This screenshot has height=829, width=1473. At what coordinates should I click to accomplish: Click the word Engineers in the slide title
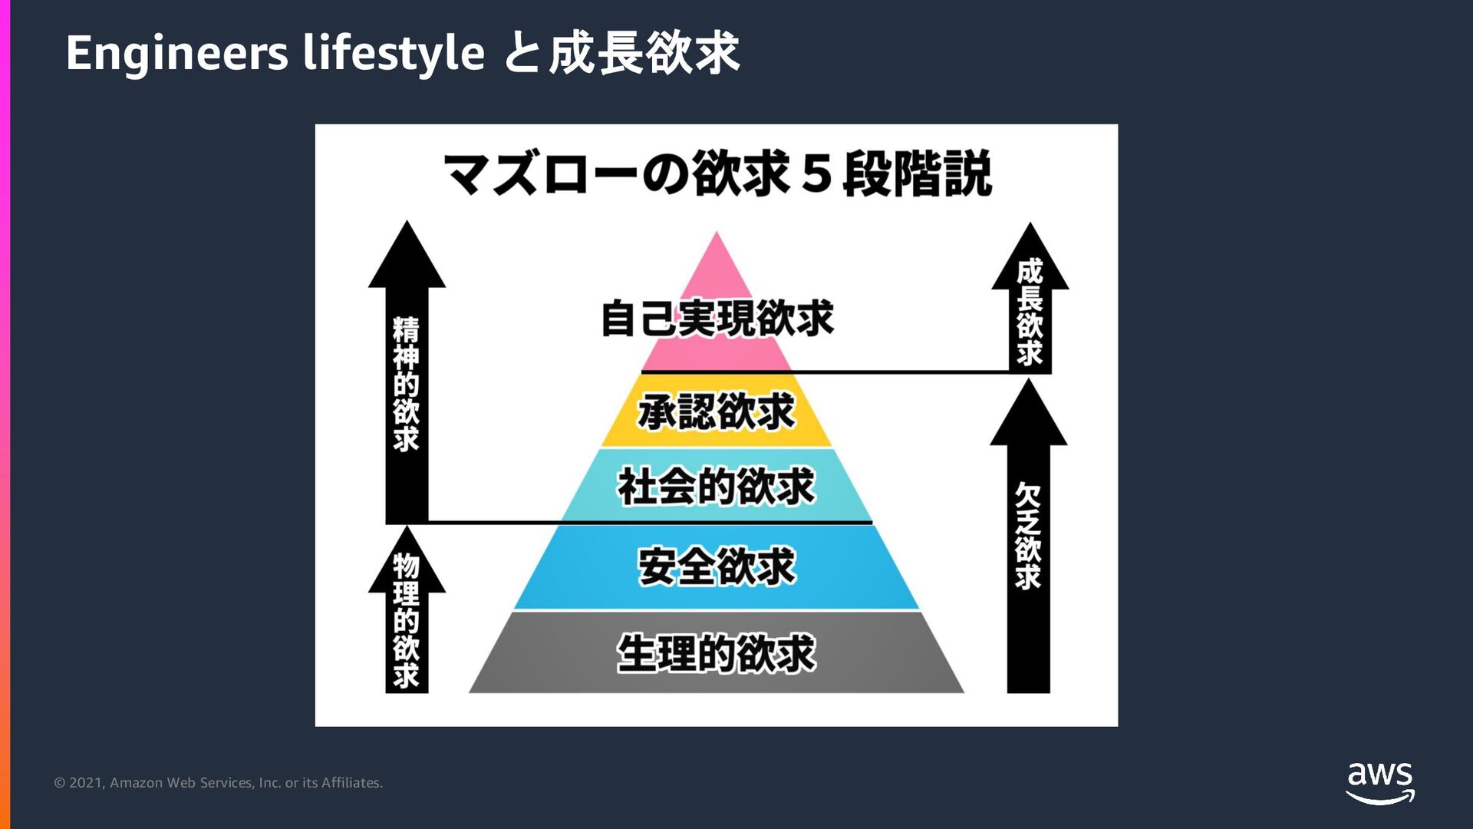176,54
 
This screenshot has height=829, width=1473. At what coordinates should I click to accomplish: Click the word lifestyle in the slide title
394,54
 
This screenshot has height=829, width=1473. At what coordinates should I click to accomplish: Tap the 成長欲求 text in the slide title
644,54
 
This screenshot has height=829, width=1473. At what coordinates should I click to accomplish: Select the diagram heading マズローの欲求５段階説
717,173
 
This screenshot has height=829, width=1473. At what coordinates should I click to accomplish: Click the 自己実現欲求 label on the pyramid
717,319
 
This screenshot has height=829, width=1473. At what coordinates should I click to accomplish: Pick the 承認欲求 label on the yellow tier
717,411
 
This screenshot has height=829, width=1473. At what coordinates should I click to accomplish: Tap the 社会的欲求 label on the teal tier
717,487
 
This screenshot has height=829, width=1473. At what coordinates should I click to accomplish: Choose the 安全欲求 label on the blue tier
717,566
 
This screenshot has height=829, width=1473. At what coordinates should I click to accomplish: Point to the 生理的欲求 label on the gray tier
717,654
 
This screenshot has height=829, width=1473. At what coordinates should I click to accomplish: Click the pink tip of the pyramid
717,261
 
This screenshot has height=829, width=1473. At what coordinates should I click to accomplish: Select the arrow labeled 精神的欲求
407,384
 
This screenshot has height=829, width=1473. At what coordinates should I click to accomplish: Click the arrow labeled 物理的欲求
407,622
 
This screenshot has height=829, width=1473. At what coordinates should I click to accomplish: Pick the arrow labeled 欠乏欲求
1028,537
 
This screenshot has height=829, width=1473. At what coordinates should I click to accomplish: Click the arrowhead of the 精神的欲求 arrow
407,257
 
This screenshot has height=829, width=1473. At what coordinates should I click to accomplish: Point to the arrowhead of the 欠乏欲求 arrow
1028,414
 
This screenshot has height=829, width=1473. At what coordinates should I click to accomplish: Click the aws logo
1380,782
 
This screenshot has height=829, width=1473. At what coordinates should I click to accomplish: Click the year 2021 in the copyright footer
85,783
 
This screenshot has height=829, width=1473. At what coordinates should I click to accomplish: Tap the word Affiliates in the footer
351,783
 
